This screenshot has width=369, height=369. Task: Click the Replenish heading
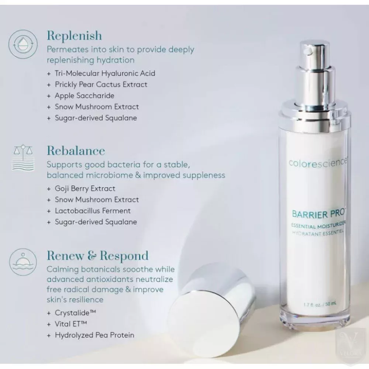(75, 36)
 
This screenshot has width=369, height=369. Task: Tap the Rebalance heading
(76, 151)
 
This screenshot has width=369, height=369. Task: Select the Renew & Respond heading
(98, 256)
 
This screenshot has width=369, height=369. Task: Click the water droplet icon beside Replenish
(23, 44)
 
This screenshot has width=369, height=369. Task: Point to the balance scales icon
(23, 158)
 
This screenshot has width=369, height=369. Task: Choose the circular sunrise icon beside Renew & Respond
(23, 262)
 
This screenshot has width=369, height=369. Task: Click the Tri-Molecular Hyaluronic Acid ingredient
(105, 73)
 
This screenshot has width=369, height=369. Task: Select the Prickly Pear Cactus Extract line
(101, 85)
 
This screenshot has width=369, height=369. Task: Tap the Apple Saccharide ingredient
(85, 96)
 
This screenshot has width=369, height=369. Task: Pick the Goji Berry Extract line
(85, 189)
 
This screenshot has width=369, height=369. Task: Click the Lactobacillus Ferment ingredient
(93, 211)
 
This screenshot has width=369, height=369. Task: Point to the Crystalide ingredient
(75, 313)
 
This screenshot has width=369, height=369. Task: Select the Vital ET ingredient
(71, 324)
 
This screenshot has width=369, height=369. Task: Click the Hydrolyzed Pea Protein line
(94, 335)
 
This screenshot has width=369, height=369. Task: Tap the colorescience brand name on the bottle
(318, 163)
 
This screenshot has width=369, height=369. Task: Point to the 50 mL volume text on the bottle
(331, 304)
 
